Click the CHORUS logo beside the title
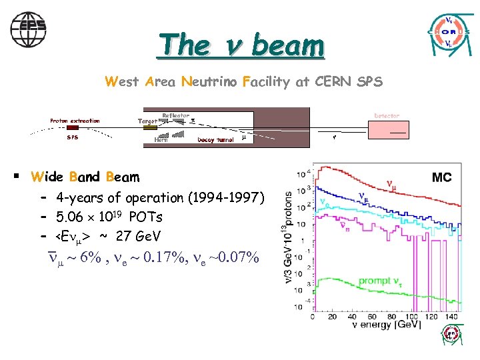[x=451, y=32]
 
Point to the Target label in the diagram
[x=147, y=121]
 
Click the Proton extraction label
[x=75, y=121]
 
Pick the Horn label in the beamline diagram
[x=161, y=140]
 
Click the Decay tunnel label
[x=215, y=140]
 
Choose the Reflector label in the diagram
[x=176, y=115]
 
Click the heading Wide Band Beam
[x=85, y=177]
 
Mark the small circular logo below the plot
[x=451, y=336]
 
